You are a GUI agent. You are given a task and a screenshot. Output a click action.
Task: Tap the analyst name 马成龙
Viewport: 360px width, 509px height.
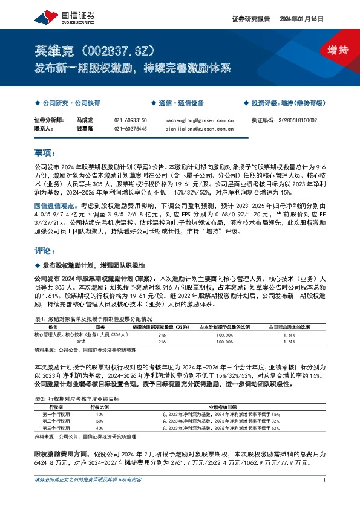pos(84,120)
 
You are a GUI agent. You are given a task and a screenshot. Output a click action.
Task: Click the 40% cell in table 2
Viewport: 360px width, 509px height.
pos(99,427)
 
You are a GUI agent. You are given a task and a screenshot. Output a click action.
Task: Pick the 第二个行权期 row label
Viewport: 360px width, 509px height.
pos(56,420)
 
